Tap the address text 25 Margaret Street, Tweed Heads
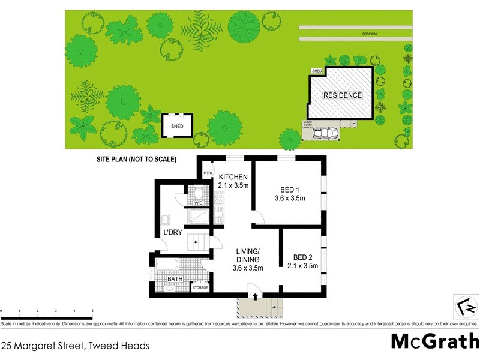[x=76, y=345]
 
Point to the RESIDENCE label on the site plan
[x=343, y=95]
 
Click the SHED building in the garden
[x=177, y=126]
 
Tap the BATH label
[x=175, y=279]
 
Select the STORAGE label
[x=200, y=288]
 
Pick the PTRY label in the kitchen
[x=208, y=173]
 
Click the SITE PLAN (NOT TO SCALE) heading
[x=136, y=160]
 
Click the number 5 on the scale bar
[x=92, y=311]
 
